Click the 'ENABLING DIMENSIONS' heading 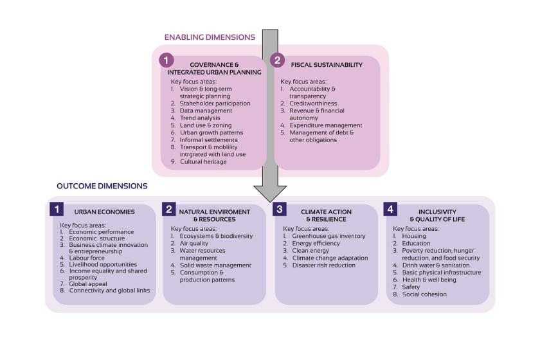coord(210,37)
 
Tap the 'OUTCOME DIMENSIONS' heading coord(102,186)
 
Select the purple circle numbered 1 coord(166,60)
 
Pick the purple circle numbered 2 coord(277,60)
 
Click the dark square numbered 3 coord(279,209)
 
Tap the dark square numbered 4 coord(390,209)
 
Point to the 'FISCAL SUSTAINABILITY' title coord(327,65)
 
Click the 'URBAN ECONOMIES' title coord(104,212)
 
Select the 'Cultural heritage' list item coord(203,161)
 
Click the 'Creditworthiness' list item coord(313,104)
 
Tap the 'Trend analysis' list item coord(200,118)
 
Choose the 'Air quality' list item coord(194,243)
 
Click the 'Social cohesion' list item coord(424,294)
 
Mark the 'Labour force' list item coord(86,258)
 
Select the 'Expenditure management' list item coord(326,125)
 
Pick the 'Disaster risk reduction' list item coord(324,265)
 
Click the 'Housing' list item coord(414,236)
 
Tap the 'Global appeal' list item coord(88,284)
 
